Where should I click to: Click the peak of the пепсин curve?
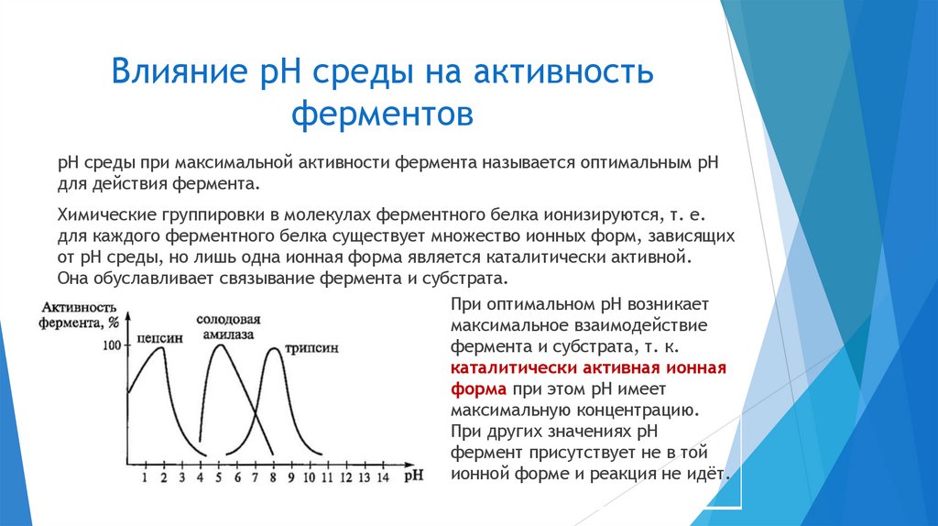point(162,346)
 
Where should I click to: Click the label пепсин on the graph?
point(159,337)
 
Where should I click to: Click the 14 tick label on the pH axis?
point(382,477)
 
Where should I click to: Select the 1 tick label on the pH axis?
point(145,477)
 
